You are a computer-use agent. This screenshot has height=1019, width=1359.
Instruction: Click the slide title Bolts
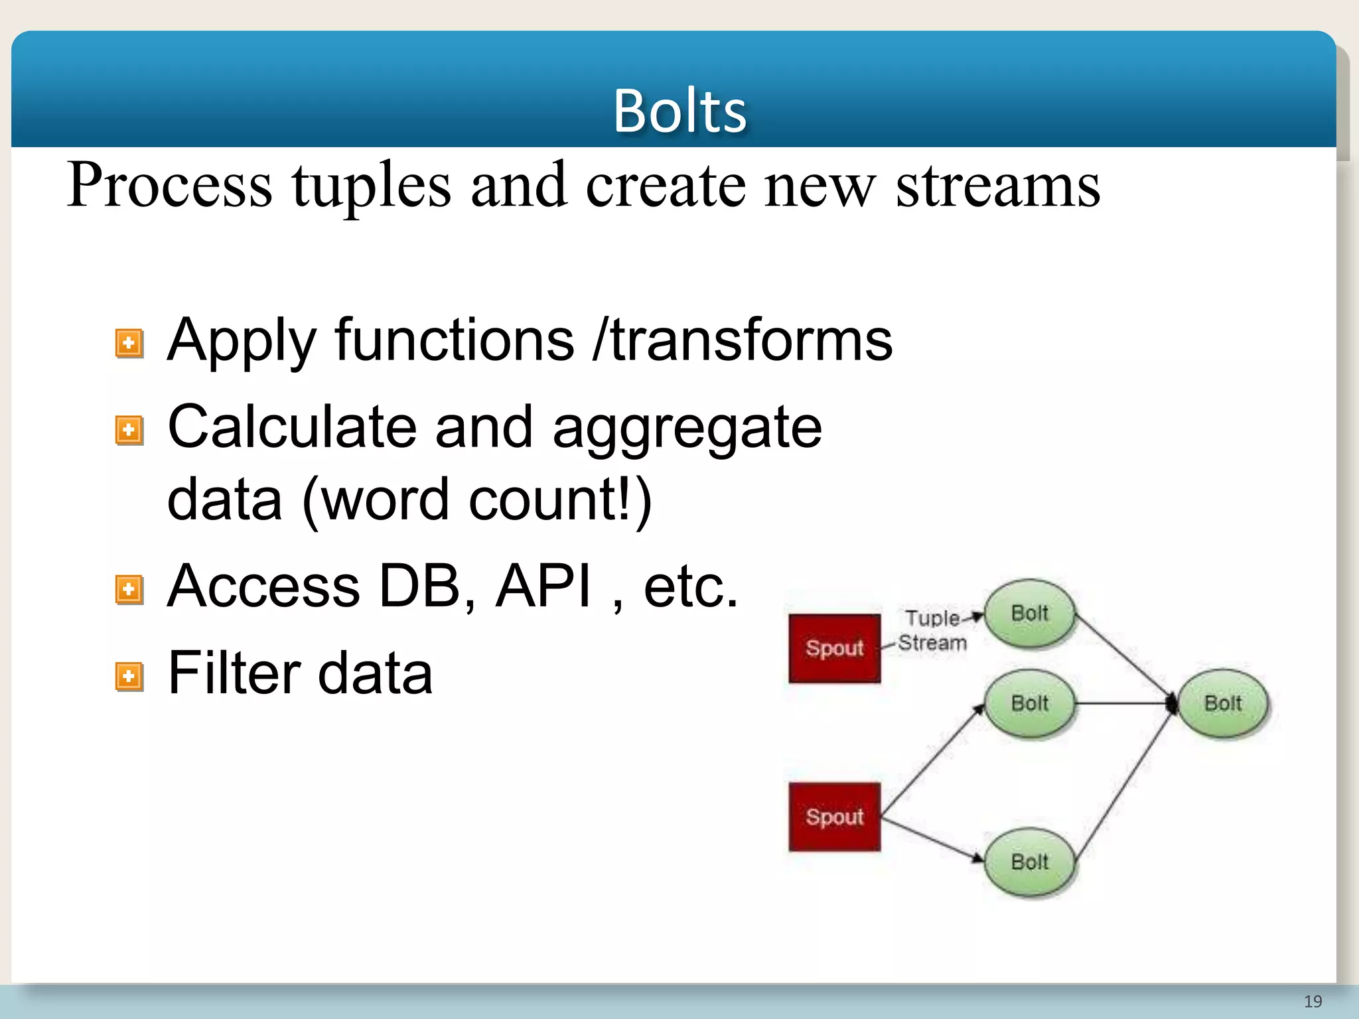679,111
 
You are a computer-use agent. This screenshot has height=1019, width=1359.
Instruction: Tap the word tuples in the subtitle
371,186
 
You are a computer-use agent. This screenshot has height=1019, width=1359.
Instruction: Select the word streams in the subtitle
997,186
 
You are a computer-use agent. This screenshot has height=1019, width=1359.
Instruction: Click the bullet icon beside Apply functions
129,344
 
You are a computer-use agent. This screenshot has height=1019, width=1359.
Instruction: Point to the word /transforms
743,340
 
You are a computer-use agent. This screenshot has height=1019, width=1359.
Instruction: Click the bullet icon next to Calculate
129,431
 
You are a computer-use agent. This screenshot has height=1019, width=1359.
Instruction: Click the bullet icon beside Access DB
129,589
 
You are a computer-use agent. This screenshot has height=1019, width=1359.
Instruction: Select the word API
543,586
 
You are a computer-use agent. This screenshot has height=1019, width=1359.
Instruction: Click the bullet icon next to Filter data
129,677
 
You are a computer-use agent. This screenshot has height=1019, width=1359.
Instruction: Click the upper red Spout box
834,648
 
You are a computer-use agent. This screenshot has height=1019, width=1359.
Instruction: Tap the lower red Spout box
834,817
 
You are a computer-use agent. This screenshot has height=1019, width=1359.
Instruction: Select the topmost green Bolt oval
1029,614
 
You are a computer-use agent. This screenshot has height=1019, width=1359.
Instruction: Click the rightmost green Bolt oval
1222,703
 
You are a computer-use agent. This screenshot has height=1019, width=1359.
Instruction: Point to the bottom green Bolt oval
1029,862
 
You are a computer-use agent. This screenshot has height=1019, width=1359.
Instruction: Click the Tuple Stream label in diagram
932,630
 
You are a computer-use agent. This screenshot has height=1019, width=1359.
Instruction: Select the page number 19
1313,1001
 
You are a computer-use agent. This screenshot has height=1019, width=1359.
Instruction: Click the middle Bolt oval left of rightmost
1029,703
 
